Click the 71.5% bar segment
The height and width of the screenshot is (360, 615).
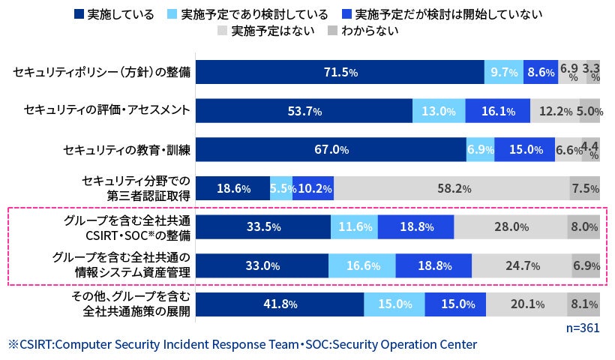(x=340, y=73)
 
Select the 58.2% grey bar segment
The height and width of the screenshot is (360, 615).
(x=451, y=188)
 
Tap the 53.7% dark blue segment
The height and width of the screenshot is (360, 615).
(x=304, y=111)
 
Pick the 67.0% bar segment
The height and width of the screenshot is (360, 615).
(x=331, y=149)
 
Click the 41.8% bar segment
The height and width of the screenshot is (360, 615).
(x=280, y=304)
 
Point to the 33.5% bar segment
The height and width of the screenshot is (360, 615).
(x=262, y=226)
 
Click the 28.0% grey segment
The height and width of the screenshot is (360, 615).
(x=510, y=226)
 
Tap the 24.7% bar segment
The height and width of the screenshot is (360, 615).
(x=521, y=265)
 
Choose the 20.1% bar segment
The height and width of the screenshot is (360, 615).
(x=526, y=304)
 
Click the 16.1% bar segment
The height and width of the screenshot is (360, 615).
(x=497, y=111)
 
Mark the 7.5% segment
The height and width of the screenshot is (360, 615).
(x=584, y=188)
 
